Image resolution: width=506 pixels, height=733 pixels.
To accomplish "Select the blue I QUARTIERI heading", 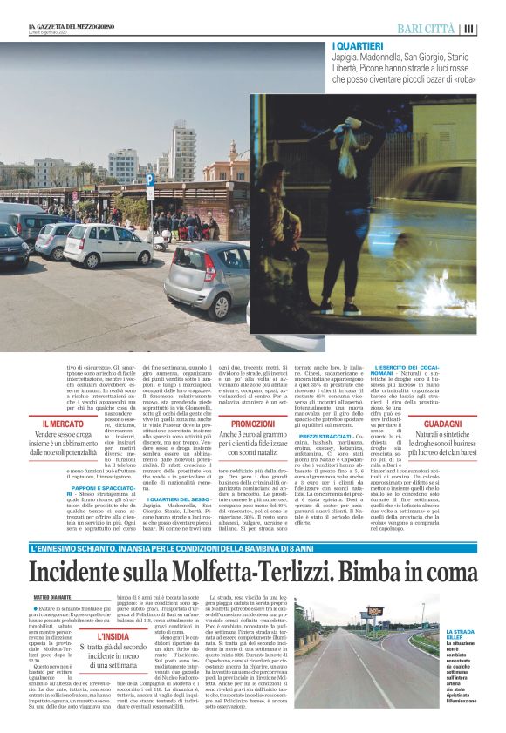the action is tap(358, 45).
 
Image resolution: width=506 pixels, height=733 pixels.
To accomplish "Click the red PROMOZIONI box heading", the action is tap(254, 423).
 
